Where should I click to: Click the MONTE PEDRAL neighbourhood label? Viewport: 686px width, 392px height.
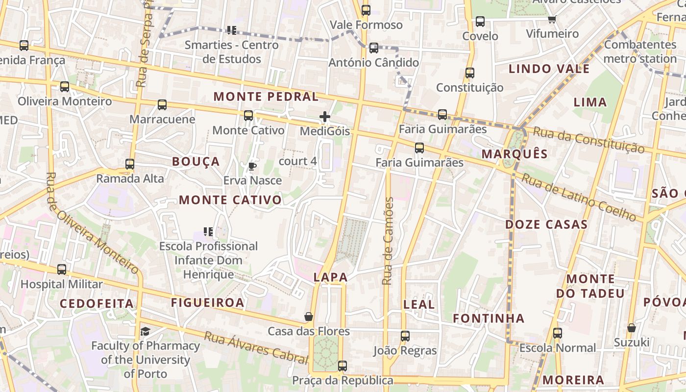coord(266,97)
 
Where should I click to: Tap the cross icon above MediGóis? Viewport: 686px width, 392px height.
coord(324,117)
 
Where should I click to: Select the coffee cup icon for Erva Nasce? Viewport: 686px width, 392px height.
coord(252,167)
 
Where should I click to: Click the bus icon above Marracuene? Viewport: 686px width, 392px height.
coord(162,105)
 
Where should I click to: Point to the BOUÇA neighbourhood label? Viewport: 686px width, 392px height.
coord(196,162)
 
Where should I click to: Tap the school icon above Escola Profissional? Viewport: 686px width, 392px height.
coord(208,231)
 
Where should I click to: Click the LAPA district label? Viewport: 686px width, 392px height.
coord(331,277)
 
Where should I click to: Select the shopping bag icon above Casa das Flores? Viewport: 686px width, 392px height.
coord(309,317)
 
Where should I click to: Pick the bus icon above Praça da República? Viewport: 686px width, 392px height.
coord(343,366)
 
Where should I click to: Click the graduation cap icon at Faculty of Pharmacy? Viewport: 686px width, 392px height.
coord(145,332)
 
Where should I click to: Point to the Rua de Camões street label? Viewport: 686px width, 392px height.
coord(388,241)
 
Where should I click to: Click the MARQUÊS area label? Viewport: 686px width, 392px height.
coord(514,154)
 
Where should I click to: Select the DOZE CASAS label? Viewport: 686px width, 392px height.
coord(546,225)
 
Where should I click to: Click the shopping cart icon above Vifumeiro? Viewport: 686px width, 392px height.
coord(552,20)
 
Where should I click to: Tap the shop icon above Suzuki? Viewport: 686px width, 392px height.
coord(632,328)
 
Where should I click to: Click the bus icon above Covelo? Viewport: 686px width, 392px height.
coord(480,22)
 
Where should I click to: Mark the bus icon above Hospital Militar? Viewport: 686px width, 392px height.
coord(62,269)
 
